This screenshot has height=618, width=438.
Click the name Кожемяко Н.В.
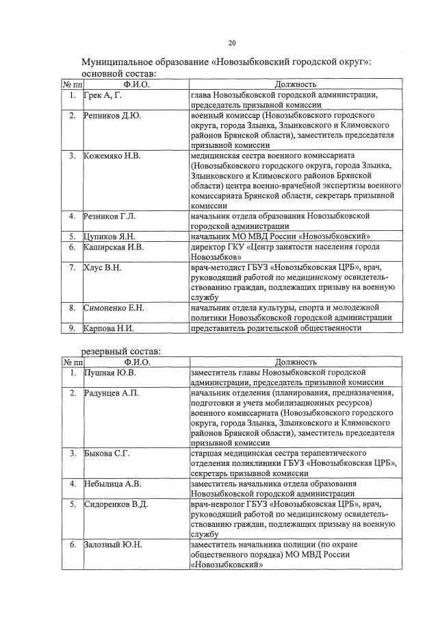tap(112, 156)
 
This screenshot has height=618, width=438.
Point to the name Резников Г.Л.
tap(109, 217)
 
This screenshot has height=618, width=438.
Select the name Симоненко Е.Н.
tap(114, 308)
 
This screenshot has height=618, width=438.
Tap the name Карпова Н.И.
tap(107, 328)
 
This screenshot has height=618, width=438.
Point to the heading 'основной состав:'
tap(118, 73)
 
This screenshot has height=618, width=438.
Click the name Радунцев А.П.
tap(111, 393)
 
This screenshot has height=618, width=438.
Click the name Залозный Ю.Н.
tap(113, 545)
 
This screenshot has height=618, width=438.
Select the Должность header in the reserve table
tap(295, 362)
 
